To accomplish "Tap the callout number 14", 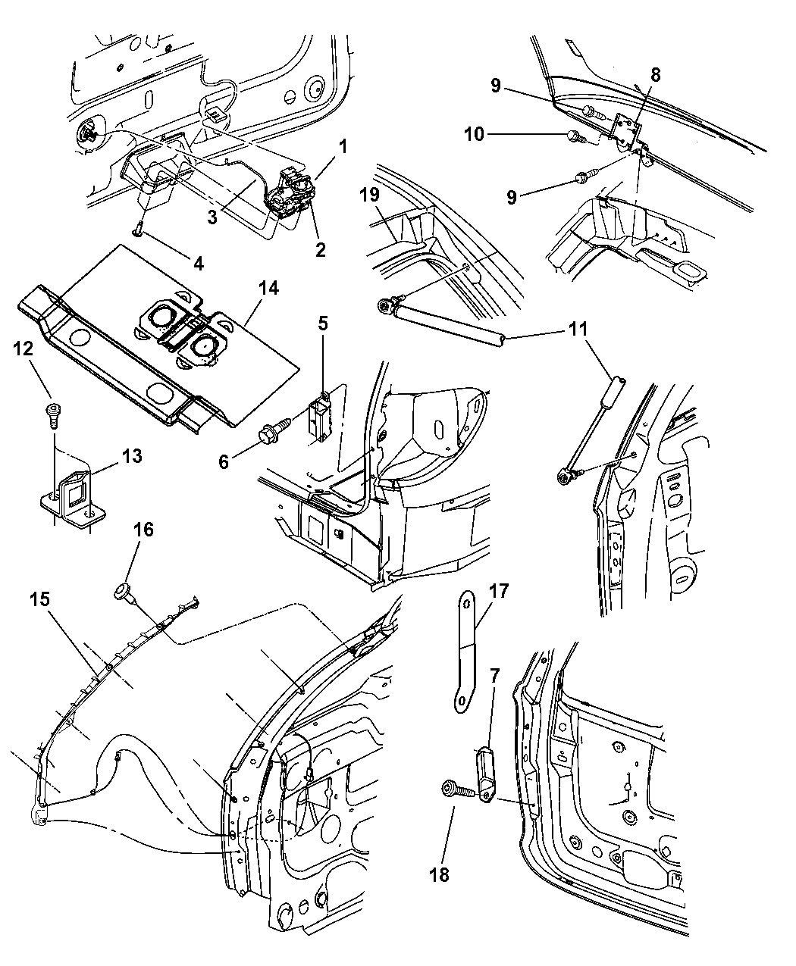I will [268, 288].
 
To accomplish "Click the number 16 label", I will [143, 530].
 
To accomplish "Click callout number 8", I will [655, 74].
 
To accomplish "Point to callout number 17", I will [500, 590].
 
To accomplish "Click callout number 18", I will [439, 874].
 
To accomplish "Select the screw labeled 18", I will [458, 791].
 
